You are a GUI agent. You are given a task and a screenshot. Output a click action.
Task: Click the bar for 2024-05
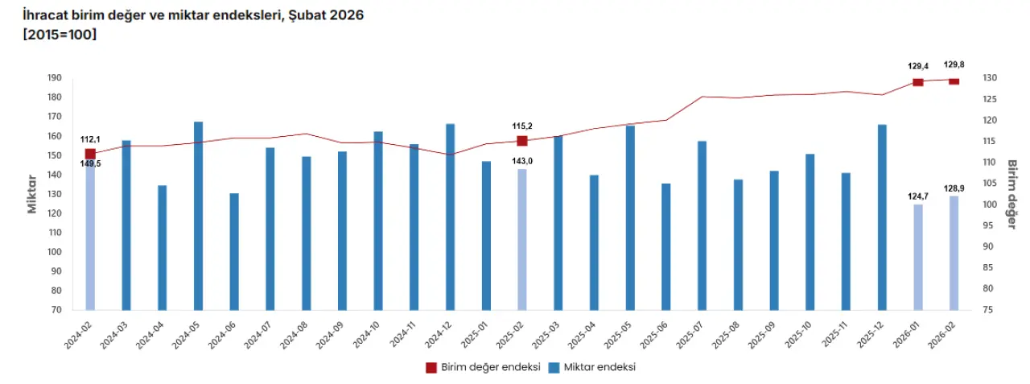tap(198, 216)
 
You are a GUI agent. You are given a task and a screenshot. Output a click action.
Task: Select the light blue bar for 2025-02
tap(521, 239)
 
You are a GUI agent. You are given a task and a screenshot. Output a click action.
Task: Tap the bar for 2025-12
tap(882, 217)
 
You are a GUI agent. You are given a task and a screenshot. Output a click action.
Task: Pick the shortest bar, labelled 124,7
tap(918, 257)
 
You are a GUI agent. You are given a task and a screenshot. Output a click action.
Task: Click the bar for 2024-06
tap(234, 251)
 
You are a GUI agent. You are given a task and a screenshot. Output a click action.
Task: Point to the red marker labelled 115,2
tap(522, 141)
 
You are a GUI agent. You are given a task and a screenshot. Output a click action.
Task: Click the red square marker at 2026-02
tap(954, 81)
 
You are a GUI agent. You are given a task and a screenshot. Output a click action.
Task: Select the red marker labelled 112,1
tap(90, 154)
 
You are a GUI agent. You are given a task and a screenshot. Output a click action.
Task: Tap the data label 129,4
tap(917, 66)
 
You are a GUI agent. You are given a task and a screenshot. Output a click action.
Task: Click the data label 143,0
tap(523, 161)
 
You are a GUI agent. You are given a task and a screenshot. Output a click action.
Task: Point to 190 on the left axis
tap(55, 78)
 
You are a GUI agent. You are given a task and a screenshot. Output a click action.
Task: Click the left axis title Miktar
tap(33, 193)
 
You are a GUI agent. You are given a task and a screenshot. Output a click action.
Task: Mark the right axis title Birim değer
tap(1011, 193)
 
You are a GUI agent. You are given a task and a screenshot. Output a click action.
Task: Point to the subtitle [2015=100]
tap(60, 35)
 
